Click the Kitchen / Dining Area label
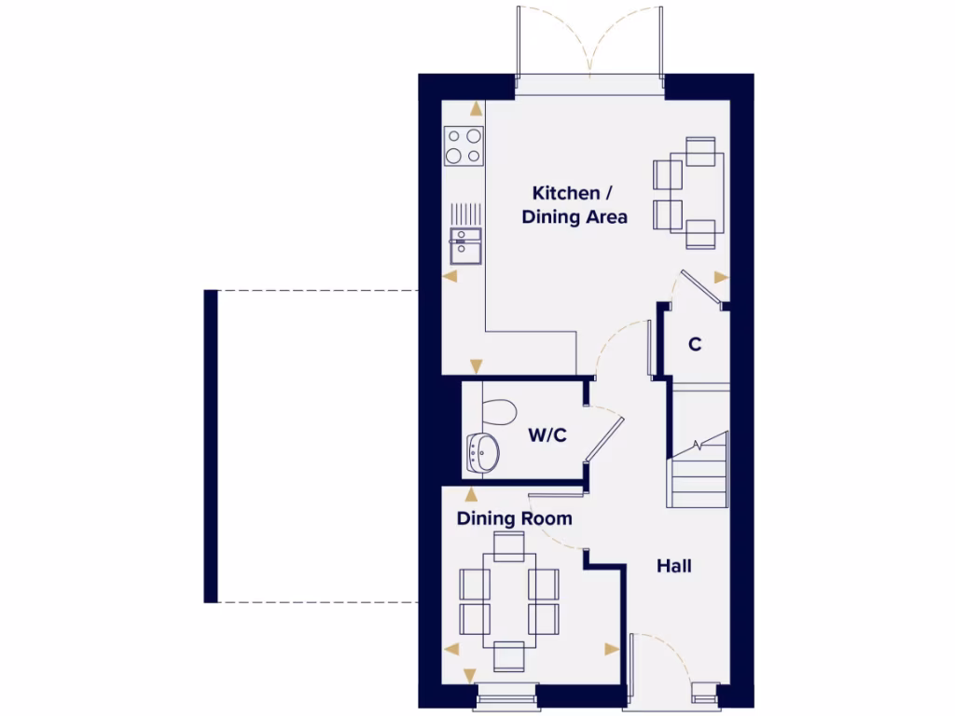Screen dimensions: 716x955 (x=573, y=205)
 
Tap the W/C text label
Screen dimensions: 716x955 (x=547, y=434)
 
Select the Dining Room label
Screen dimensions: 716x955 (x=514, y=518)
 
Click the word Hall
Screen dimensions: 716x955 (x=673, y=566)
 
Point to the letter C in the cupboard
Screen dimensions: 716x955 (x=695, y=344)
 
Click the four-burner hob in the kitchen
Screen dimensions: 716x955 (x=464, y=146)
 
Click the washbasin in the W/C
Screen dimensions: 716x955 (x=483, y=453)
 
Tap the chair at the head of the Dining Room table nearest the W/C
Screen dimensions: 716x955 (x=509, y=547)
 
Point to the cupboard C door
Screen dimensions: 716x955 (x=701, y=287)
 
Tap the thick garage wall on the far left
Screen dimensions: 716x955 (x=211, y=446)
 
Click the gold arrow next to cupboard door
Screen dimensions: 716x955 (x=720, y=277)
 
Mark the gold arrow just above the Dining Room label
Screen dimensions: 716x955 (x=470, y=494)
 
